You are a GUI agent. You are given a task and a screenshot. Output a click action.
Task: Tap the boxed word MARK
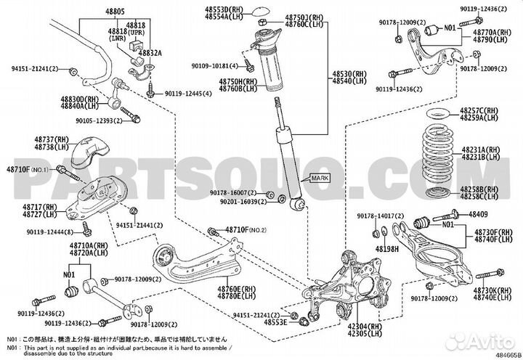click(x=320, y=178)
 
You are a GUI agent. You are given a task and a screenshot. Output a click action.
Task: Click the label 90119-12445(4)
click(x=188, y=94)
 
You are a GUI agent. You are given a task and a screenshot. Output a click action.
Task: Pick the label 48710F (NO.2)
click(x=247, y=230)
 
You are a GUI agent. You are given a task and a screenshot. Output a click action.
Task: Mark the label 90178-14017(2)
click(x=380, y=216)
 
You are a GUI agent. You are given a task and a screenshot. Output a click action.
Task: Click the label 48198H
click(x=388, y=248)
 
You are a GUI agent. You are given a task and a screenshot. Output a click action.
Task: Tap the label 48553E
click(x=277, y=321)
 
